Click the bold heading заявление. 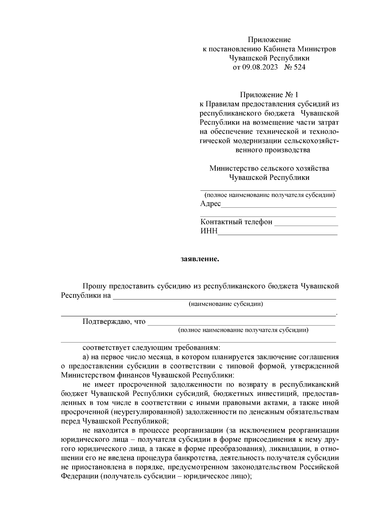(200, 259)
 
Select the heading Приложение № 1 (269, 95)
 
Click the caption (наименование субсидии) (226, 304)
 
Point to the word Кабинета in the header (279, 49)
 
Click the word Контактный (220, 221)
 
